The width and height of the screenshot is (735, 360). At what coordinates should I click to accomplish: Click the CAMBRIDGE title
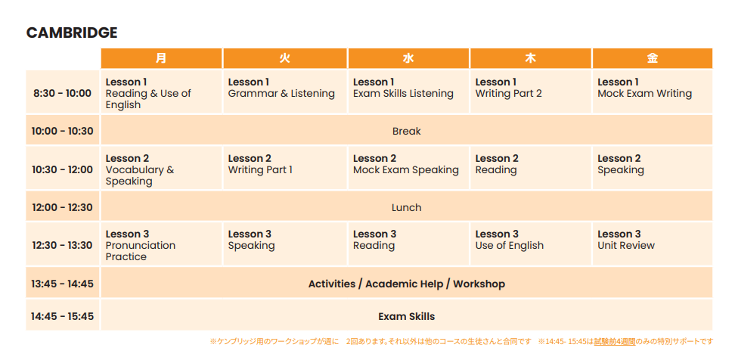coord(72,33)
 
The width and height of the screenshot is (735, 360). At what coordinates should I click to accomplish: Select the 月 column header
coord(161,58)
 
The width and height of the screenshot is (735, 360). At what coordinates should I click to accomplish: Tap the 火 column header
coord(285,58)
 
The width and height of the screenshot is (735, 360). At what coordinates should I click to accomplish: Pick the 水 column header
coord(408,58)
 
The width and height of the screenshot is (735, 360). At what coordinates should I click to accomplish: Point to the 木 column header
coord(531,58)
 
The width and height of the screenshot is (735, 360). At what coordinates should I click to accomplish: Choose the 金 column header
coord(653,58)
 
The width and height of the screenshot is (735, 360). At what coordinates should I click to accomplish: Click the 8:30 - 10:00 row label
coord(62,93)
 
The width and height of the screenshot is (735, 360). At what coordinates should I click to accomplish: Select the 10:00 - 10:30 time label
coord(62,132)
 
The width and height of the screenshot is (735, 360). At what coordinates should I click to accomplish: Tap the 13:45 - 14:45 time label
coord(62,284)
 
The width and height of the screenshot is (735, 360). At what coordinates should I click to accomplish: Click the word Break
coord(406,132)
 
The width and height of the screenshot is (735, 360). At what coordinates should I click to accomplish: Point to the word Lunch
coord(406,207)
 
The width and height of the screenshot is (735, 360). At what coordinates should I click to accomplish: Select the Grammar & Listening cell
coord(285,92)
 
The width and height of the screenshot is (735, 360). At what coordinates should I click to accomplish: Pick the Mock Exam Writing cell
coord(653,92)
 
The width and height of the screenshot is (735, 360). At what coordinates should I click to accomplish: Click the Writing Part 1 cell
coord(285,168)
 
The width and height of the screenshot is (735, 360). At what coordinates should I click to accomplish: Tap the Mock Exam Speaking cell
coord(408,168)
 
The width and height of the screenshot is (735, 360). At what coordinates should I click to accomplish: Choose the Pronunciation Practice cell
coord(161,244)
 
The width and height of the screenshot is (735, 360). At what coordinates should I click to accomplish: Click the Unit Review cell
coord(653,244)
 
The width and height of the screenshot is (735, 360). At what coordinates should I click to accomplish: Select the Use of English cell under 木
coord(531,244)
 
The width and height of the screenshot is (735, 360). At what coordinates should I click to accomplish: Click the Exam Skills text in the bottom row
coord(406,316)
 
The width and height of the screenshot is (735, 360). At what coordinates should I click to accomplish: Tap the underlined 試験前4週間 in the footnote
coord(615,341)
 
